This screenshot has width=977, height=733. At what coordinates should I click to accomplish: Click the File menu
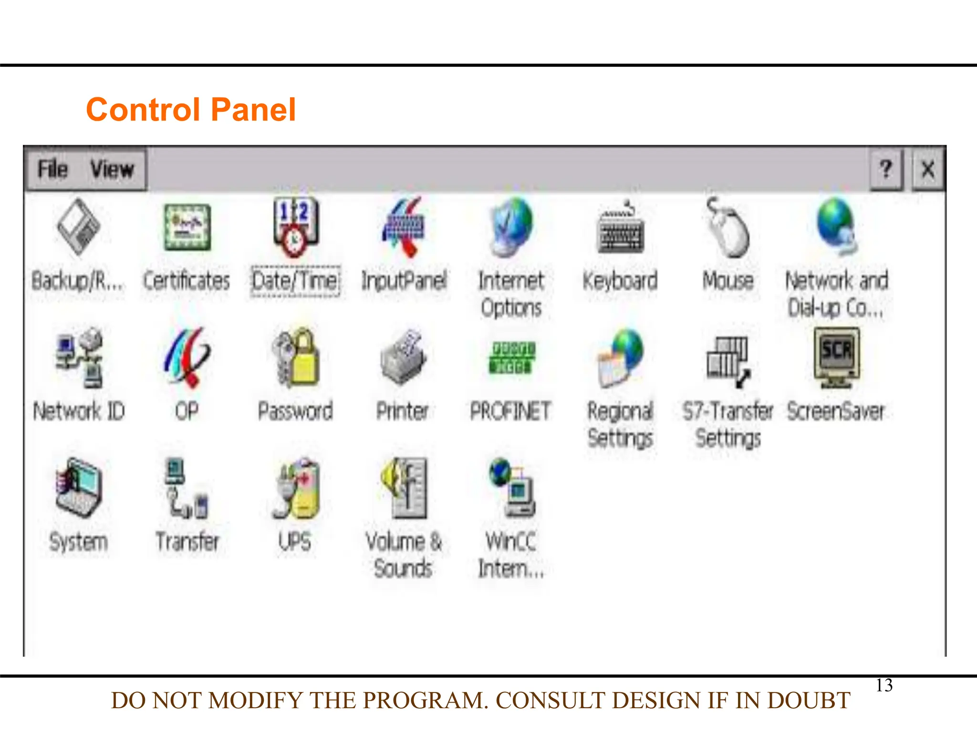[53, 169]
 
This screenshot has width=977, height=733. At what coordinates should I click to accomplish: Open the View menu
[112, 169]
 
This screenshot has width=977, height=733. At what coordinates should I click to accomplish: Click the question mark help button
[886, 169]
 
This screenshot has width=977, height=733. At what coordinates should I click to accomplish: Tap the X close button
[928, 169]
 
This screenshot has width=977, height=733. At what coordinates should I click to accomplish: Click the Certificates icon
[187, 228]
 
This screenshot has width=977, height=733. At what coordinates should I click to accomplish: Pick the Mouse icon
[728, 228]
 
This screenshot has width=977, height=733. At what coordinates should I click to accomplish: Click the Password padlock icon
[296, 358]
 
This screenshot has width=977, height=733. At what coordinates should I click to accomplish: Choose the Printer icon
[404, 358]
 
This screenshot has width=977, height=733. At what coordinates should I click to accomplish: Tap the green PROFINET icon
[511, 358]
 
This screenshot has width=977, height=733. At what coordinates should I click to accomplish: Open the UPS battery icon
[296, 489]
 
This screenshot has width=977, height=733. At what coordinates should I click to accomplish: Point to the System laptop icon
[79, 489]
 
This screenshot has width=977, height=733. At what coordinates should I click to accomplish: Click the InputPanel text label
[404, 281]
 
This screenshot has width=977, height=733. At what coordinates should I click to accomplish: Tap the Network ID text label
[79, 411]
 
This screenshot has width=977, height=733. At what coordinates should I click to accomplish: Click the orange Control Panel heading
[191, 110]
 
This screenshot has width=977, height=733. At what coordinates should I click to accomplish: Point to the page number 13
[884, 685]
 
